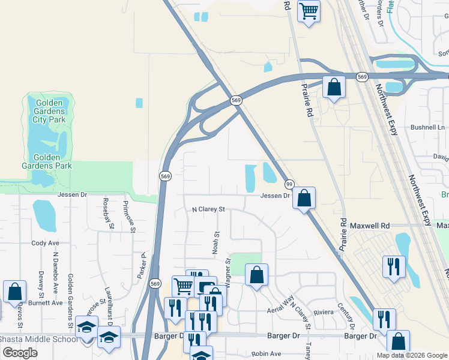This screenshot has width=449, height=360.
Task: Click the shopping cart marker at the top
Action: [309, 11]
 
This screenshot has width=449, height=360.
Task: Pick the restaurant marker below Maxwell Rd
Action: [394, 266]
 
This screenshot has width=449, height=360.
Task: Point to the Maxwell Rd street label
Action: [373, 226]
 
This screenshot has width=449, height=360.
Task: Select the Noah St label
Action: [215, 243]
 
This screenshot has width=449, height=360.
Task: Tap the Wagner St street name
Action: [228, 269]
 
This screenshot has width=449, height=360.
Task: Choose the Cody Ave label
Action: [46, 243]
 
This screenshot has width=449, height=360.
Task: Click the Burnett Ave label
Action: [48, 303]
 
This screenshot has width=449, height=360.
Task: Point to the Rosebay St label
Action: [107, 214]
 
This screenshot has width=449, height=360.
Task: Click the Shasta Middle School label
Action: [38, 340]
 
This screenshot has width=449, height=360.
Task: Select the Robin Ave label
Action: [267, 354]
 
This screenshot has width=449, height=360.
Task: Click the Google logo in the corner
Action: [20, 353]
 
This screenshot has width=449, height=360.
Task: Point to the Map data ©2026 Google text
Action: [411, 355]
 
